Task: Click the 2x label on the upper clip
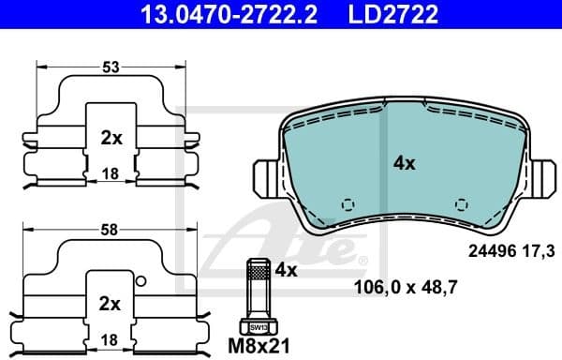[x=111, y=138]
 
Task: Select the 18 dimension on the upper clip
[x=111, y=173]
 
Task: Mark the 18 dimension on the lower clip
[x=111, y=338]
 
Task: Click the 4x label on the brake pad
[x=404, y=162]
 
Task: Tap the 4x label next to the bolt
[x=285, y=270]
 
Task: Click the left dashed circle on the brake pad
[x=348, y=204]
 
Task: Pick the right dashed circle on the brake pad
[x=460, y=204]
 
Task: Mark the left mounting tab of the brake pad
[x=265, y=175]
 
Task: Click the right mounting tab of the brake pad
[x=543, y=175]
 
